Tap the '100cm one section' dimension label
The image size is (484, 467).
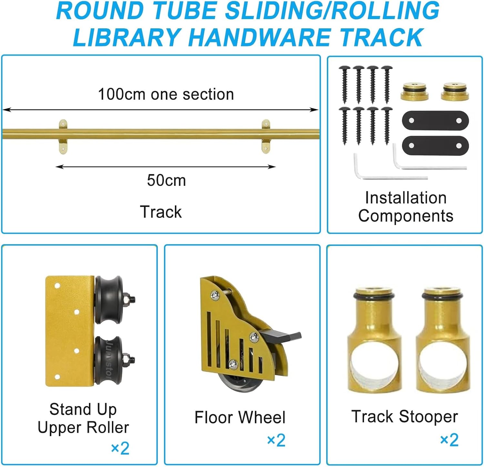166,94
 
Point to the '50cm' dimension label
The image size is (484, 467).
166,180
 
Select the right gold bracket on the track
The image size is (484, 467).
266,136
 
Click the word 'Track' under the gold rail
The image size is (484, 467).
161,212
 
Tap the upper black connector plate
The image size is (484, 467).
435,121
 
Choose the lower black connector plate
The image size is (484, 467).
435,145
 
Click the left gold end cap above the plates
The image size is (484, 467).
414,92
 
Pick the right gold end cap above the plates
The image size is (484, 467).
455,92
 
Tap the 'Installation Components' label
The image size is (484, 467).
406,207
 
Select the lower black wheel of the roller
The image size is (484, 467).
109,360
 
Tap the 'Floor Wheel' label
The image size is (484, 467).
240,417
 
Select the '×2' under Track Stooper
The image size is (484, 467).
449,440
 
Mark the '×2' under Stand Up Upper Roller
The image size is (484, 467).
120,448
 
